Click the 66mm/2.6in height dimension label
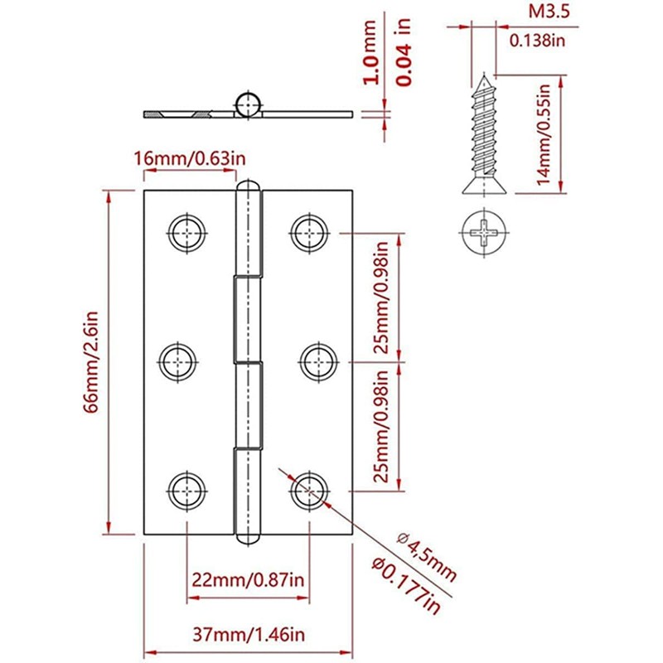(x=91, y=361)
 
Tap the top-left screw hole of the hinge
(x=187, y=231)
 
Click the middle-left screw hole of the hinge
(x=178, y=361)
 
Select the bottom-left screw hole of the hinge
(x=187, y=489)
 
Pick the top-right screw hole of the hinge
(x=310, y=231)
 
